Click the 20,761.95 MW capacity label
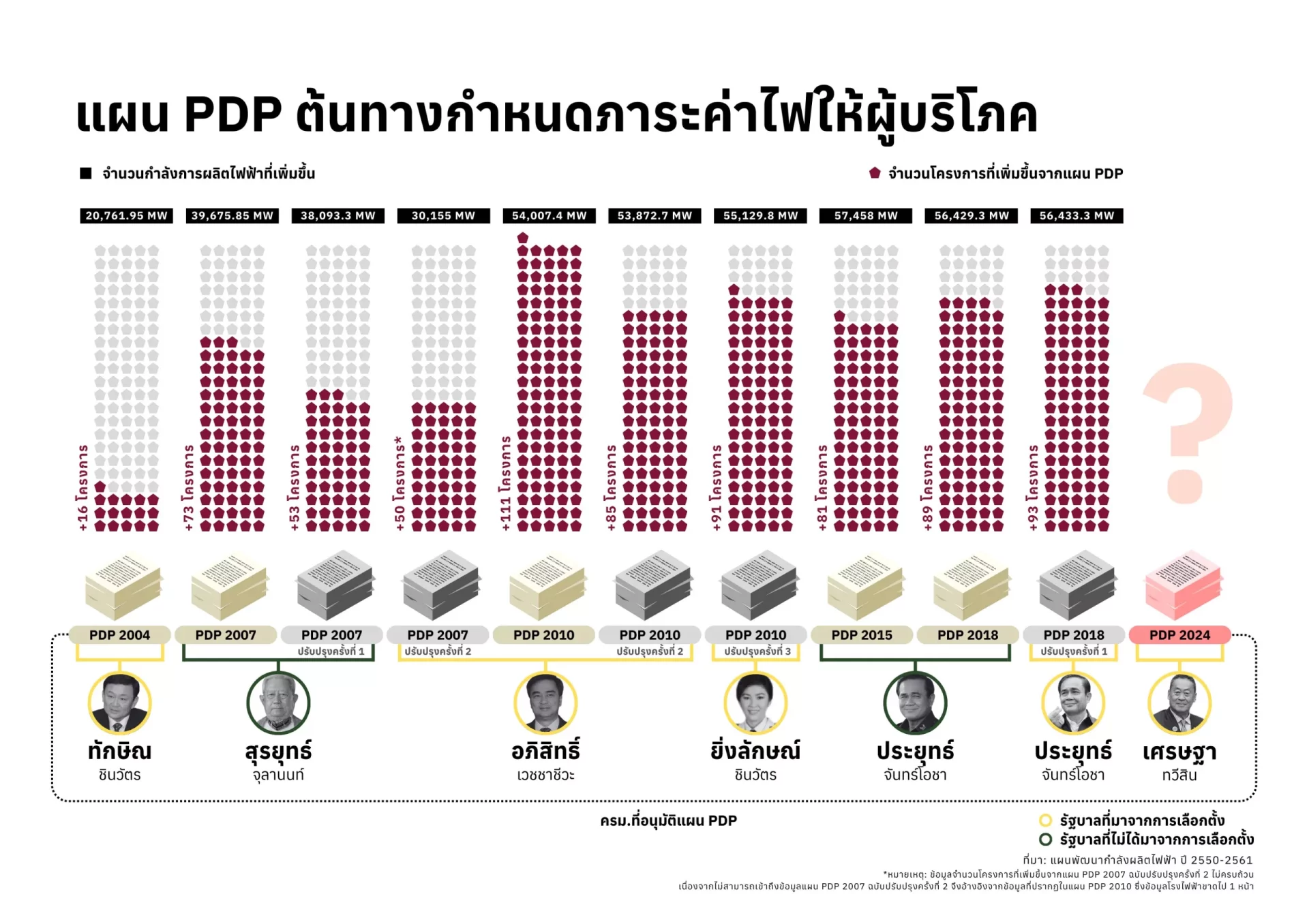(126, 215)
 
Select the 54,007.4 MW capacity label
(549, 215)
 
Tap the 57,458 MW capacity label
(866, 215)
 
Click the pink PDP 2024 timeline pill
(1179, 634)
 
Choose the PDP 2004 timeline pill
(119, 634)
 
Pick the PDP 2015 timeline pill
(862, 634)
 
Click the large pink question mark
(1188, 429)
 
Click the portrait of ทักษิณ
(119, 703)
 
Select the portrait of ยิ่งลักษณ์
(755, 703)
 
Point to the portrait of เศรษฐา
(1179, 703)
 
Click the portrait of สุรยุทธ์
(278, 703)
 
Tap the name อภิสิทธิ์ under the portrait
(545, 751)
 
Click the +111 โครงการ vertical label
(505, 484)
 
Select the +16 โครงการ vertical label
(82, 488)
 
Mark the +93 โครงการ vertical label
(1033, 488)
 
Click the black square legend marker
(86, 173)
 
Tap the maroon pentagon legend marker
(875, 173)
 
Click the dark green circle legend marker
(1044, 839)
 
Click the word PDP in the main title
(232, 114)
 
